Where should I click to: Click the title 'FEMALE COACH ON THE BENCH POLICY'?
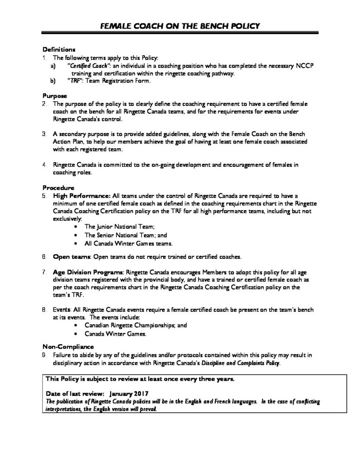tap(180, 26)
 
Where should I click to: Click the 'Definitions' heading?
tap(59, 49)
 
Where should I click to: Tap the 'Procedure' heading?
tap(57, 188)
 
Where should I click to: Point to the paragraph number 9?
tap(44, 355)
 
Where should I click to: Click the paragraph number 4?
tap(44, 165)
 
